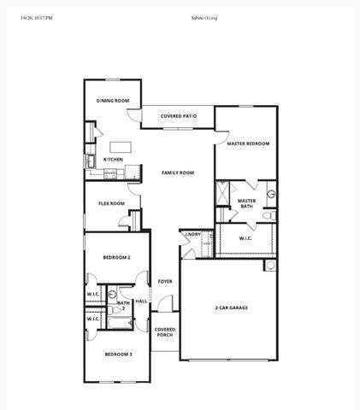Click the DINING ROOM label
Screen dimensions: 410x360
click(x=112, y=101)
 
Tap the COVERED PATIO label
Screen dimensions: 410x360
click(x=179, y=115)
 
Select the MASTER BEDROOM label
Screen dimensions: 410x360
click(x=248, y=143)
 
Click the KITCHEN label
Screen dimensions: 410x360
click(x=113, y=159)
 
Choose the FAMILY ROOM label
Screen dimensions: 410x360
click(x=178, y=173)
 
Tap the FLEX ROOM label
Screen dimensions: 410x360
click(x=111, y=203)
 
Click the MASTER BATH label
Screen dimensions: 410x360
click(x=246, y=203)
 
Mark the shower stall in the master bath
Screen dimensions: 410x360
click(x=222, y=195)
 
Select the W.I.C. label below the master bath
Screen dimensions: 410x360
click(x=245, y=238)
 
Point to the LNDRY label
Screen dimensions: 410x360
click(x=193, y=234)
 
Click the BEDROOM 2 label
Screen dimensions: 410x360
click(x=116, y=256)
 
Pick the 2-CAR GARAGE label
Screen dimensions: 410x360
click(x=231, y=307)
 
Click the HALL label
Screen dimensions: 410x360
click(x=141, y=301)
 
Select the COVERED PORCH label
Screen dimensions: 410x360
click(x=164, y=331)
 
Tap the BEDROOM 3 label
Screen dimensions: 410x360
click(x=118, y=354)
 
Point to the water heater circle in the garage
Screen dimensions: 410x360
click(x=271, y=266)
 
